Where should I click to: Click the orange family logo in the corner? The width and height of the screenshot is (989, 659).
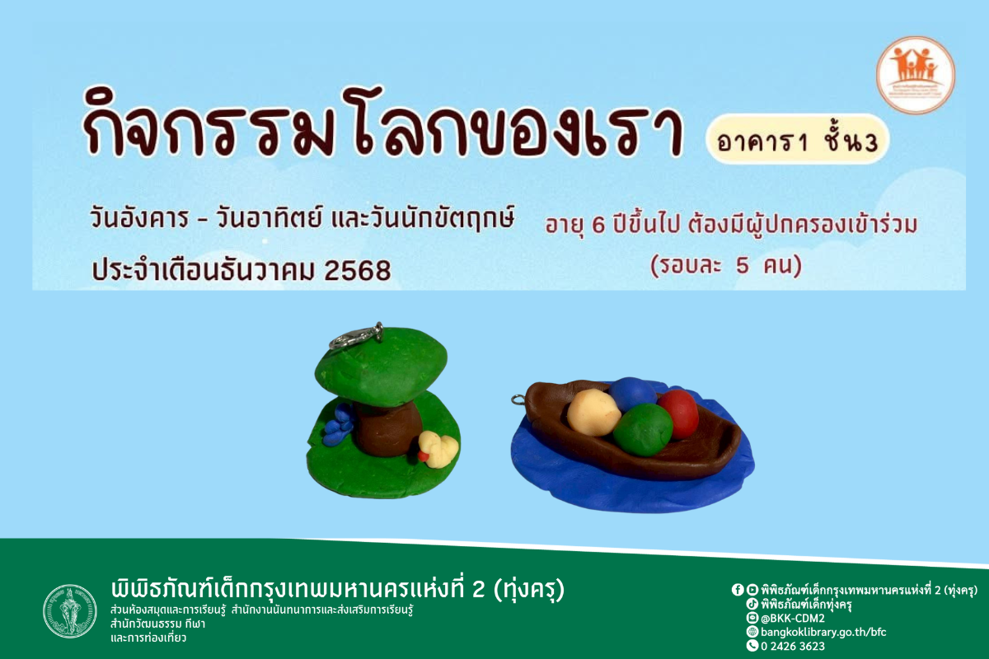tap(915, 75)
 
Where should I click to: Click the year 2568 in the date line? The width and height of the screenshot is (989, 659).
tap(358, 270)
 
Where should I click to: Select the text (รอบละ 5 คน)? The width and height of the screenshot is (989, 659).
tap(725, 268)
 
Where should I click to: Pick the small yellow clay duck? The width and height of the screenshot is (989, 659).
tap(438, 449)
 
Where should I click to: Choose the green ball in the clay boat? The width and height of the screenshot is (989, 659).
tap(643, 429)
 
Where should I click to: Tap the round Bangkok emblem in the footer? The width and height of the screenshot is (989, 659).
tap(70, 610)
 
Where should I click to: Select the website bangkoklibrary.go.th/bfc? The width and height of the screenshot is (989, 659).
tap(823, 632)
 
